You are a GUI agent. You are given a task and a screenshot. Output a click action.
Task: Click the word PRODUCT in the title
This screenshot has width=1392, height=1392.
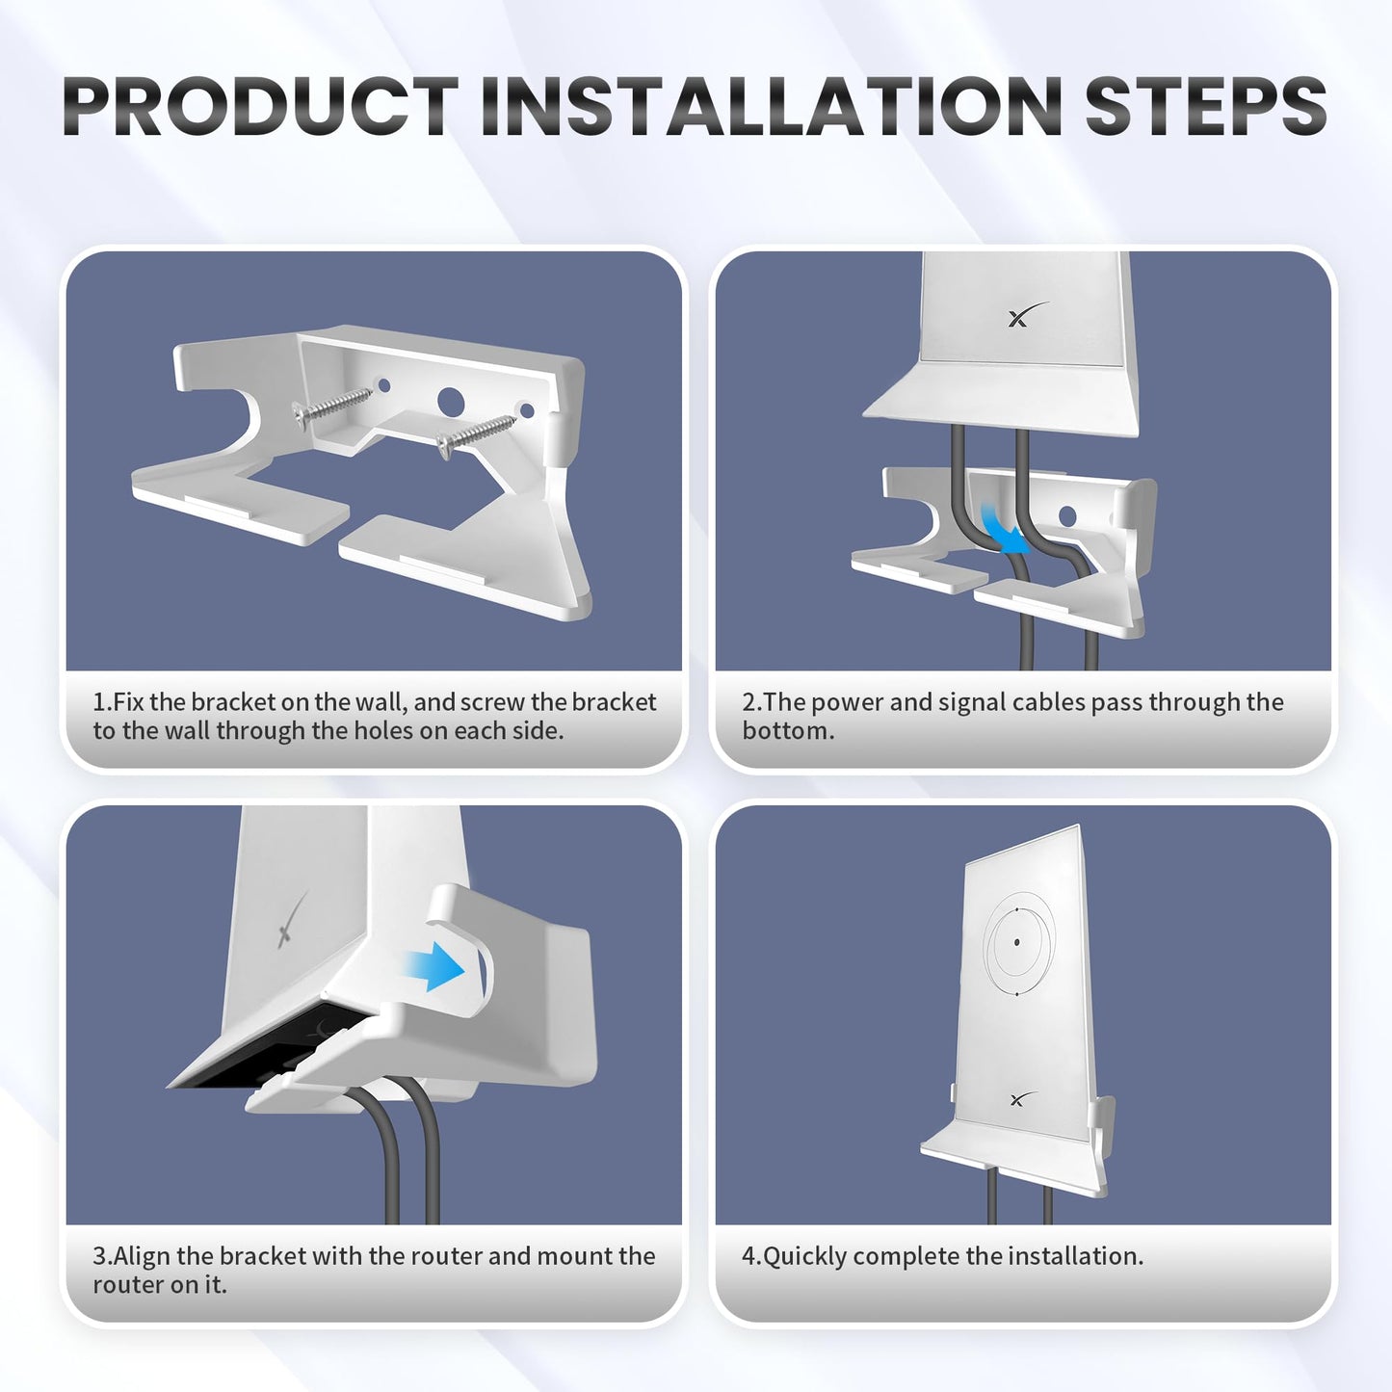coord(260,106)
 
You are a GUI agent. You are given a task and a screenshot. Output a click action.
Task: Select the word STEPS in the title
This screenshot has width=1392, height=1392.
coord(1205,106)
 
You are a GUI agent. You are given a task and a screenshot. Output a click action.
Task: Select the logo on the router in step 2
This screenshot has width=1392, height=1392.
coord(1027,315)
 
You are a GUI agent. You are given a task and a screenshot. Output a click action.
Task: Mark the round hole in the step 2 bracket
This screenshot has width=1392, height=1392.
coord(1066,515)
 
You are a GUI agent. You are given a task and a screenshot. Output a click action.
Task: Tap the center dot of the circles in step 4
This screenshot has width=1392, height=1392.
coord(1017,942)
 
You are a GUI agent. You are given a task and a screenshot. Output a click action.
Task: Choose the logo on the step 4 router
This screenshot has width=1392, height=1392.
coord(1022,1098)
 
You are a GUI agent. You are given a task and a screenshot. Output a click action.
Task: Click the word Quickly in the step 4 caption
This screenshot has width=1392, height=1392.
coord(805,1256)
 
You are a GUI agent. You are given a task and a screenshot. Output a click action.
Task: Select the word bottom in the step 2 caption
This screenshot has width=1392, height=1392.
coord(786,730)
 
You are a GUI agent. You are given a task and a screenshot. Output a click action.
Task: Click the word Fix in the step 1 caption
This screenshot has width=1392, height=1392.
coord(129,702)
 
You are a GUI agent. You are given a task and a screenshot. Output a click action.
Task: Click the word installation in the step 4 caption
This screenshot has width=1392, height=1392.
coord(1068,1256)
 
